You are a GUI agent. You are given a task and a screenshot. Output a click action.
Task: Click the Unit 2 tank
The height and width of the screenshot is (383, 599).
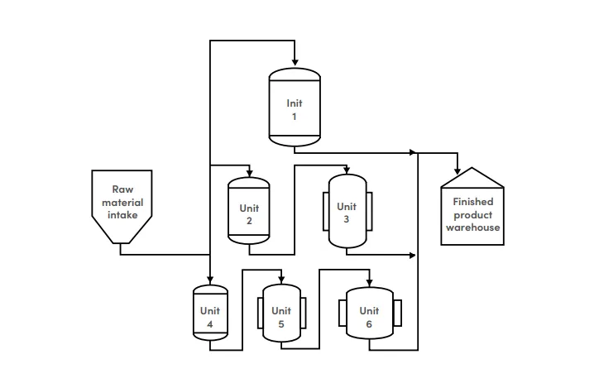click(x=249, y=213)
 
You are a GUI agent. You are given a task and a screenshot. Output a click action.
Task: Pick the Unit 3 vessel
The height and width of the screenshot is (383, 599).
click(x=347, y=213)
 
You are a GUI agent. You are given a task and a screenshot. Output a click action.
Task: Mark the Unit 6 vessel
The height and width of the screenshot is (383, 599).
click(x=369, y=317)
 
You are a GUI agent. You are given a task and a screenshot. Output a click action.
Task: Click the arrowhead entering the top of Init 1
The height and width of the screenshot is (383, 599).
click(x=295, y=63)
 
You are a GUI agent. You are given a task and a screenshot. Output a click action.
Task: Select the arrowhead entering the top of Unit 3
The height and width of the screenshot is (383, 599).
click(x=347, y=170)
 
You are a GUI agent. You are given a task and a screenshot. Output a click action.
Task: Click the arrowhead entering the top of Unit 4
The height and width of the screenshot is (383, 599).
click(x=210, y=280)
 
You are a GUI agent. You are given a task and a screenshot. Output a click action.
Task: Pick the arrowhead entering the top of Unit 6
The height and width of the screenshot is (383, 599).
click(x=369, y=280)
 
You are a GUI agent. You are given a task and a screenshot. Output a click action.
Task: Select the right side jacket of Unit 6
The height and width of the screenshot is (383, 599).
click(x=398, y=314)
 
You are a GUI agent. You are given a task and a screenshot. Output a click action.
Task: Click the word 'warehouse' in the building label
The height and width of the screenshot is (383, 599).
click(x=473, y=227)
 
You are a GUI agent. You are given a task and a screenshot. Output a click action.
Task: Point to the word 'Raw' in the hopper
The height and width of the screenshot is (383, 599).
click(x=122, y=189)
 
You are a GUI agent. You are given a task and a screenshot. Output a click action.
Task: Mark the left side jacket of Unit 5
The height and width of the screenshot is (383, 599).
click(x=260, y=314)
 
